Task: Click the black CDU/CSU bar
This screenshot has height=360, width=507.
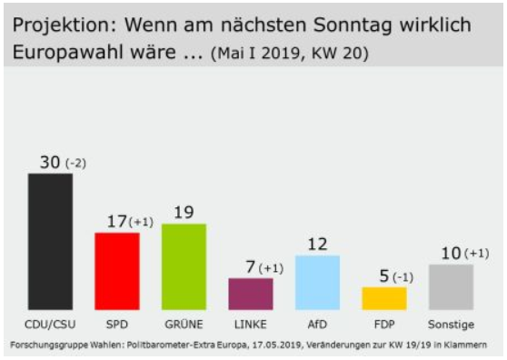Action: tap(51, 242)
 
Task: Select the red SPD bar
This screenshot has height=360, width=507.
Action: tap(117, 271)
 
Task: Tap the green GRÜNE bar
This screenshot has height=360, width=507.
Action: tap(184, 267)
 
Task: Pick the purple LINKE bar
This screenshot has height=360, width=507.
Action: tap(251, 294)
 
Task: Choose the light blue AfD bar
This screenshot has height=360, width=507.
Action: tap(317, 283)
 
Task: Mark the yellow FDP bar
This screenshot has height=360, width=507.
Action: tap(384, 298)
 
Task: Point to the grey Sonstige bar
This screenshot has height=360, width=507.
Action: tap(451, 287)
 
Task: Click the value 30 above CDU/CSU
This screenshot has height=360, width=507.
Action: tap(50, 162)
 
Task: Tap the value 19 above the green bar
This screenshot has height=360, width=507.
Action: tap(184, 213)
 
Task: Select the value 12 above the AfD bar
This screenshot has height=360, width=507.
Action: tap(317, 245)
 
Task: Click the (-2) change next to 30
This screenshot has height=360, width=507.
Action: tap(76, 164)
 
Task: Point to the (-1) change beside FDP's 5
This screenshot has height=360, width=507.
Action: tap(403, 277)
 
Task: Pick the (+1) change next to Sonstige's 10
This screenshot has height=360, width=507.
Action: tap(477, 254)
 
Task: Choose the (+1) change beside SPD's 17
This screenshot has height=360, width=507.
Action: tap(141, 222)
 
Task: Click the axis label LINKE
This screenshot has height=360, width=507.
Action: tap(251, 325)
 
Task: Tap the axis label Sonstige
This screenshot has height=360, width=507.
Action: tap(451, 325)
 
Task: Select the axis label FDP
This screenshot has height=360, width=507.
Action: tap(384, 325)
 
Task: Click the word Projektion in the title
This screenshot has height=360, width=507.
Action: tap(65, 25)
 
